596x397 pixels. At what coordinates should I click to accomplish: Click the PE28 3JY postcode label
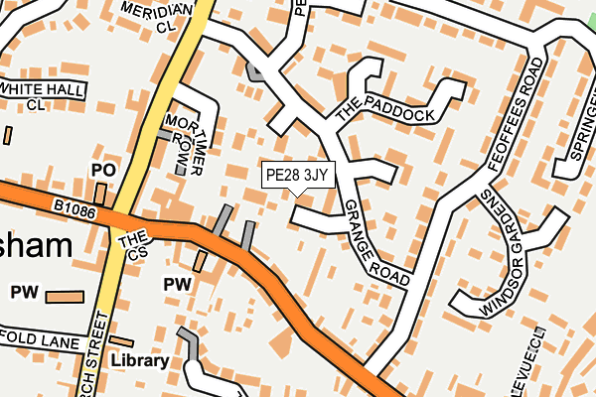297,176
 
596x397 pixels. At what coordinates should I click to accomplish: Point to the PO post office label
103,171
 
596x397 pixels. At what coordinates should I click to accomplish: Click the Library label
139,361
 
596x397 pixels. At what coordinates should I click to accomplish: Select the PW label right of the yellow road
177,285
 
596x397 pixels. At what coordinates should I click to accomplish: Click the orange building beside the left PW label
66,296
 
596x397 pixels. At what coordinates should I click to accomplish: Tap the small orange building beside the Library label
121,341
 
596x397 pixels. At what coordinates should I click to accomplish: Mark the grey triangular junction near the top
255,71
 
